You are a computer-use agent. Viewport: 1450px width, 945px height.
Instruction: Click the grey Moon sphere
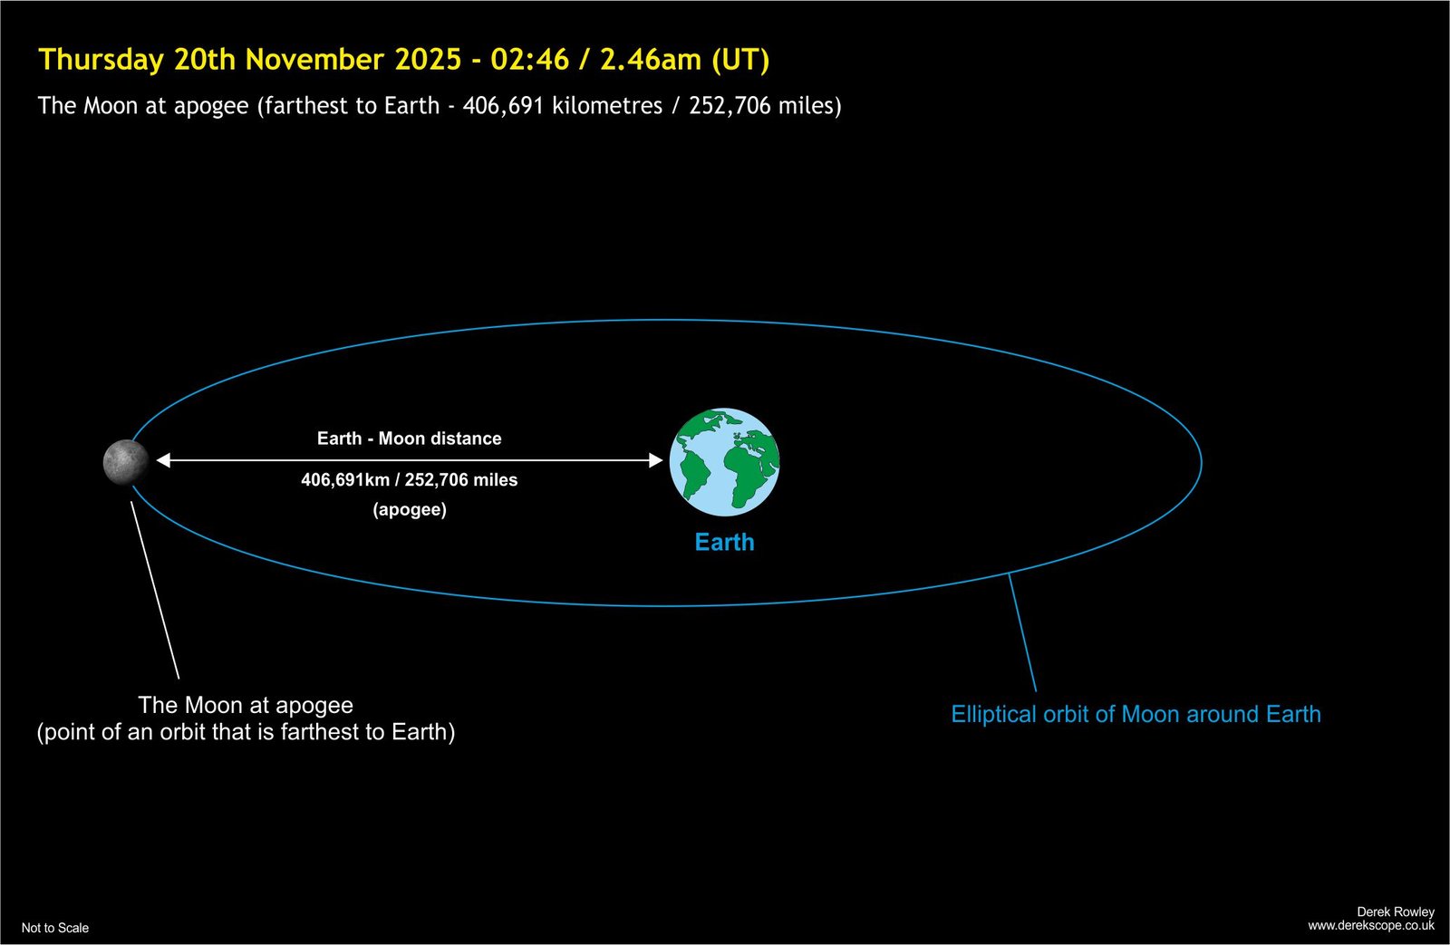click(x=126, y=461)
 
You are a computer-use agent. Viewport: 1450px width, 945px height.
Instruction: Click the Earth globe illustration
click(x=724, y=461)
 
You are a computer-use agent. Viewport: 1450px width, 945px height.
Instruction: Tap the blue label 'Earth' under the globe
click(x=724, y=542)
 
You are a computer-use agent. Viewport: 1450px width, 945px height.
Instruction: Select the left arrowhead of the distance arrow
click(x=163, y=460)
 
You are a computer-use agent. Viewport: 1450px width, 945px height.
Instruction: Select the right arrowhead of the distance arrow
click(x=656, y=460)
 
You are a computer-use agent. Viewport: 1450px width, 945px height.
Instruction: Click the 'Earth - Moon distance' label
click(x=409, y=439)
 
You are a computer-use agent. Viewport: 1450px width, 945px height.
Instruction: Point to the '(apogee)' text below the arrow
click(x=410, y=509)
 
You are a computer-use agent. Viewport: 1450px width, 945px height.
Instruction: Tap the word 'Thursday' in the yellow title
click(x=101, y=60)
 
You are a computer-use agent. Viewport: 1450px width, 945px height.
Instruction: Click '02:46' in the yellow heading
click(x=529, y=60)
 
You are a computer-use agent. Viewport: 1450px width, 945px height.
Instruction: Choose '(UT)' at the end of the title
click(x=740, y=60)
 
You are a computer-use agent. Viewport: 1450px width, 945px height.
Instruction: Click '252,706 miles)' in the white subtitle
click(x=765, y=105)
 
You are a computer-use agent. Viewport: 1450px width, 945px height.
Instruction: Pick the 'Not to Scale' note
click(x=55, y=928)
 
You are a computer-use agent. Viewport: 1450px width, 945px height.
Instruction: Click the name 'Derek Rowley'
click(x=1396, y=911)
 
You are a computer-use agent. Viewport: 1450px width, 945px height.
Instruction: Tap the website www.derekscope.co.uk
click(x=1371, y=926)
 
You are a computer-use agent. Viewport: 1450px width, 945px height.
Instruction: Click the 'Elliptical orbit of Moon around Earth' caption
click(x=1136, y=714)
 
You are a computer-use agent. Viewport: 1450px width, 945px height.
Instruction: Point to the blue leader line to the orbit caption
click(x=1022, y=632)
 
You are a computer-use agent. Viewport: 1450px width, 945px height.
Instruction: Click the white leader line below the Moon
click(x=155, y=591)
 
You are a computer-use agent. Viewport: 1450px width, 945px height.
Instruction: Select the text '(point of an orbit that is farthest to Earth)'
click(x=246, y=732)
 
